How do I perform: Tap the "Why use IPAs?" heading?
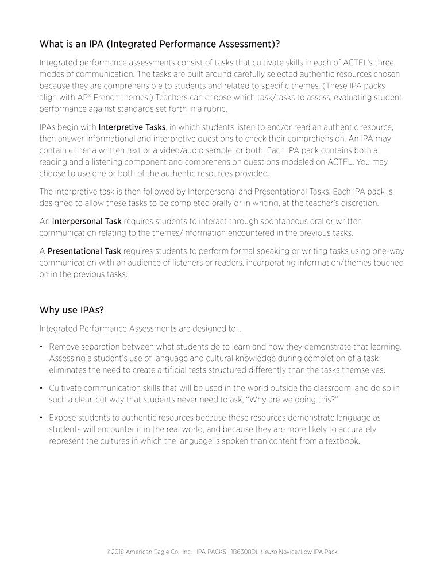71,310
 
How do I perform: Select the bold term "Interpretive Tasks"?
132,126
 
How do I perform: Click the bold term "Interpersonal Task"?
87,221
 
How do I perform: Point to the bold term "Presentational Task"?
84,251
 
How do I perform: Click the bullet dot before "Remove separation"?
42,347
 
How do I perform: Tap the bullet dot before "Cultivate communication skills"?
42,388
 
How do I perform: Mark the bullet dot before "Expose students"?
42,418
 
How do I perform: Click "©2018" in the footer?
117,552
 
